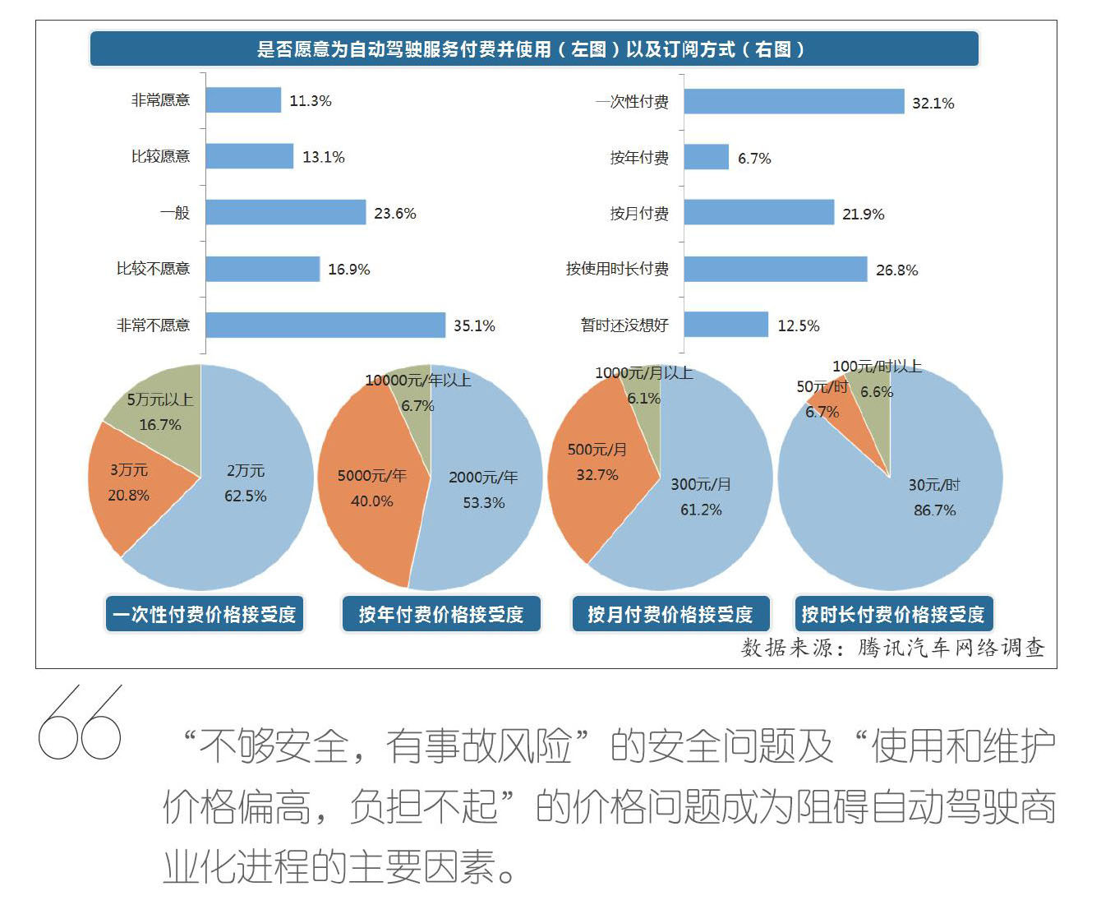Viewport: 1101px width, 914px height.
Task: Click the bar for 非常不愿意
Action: click(x=325, y=325)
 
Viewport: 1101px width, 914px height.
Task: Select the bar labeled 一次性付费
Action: click(x=794, y=102)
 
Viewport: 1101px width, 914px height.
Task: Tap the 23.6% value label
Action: click(x=395, y=214)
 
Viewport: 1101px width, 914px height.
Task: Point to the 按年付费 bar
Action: click(x=706, y=157)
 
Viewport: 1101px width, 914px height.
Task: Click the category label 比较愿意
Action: click(x=160, y=156)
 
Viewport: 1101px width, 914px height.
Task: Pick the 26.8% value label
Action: click(x=896, y=270)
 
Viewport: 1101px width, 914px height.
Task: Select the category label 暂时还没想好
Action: click(x=624, y=325)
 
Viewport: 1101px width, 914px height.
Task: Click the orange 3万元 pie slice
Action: click(x=131, y=485)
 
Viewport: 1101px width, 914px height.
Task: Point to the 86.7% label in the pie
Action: click(x=935, y=510)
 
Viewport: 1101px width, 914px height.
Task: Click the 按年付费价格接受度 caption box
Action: click(x=441, y=614)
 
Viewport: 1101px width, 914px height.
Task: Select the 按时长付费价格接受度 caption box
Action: click(x=893, y=614)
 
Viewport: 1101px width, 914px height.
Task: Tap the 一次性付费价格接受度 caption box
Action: click(x=205, y=614)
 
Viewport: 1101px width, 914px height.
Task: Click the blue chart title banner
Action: click(x=534, y=49)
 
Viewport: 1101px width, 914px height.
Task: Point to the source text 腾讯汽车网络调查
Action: click(x=951, y=648)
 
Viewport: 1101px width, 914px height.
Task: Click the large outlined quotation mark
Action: click(x=80, y=723)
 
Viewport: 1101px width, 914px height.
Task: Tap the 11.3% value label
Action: click(x=311, y=101)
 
